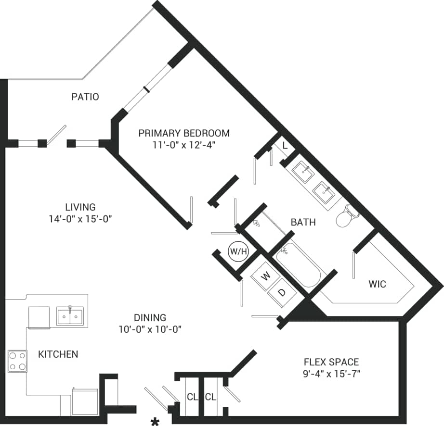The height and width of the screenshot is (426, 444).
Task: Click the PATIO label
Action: pos(85,97)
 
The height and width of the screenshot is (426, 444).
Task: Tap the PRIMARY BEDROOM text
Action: pos(184,133)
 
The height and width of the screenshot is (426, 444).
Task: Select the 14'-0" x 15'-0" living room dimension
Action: pos(80,219)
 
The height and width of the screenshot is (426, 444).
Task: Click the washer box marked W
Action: pos(265,276)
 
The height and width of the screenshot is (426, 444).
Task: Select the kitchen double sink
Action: pos(70,316)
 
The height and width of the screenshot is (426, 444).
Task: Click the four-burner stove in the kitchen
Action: pos(17,361)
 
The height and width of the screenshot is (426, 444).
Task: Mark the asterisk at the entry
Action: pos(155,422)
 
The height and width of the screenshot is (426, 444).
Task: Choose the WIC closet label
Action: pos(377,284)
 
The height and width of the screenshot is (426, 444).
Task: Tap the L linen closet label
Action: pos(285,146)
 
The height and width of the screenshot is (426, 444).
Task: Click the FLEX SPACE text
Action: pos(331,362)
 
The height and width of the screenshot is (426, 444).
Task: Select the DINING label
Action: pos(151,317)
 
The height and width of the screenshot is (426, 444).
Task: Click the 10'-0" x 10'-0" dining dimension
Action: pos(151,329)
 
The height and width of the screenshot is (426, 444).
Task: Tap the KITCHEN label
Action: pos(58,354)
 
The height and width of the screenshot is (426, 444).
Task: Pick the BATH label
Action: pos(303,222)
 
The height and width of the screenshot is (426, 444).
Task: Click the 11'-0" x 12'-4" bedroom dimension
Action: pos(184,145)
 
